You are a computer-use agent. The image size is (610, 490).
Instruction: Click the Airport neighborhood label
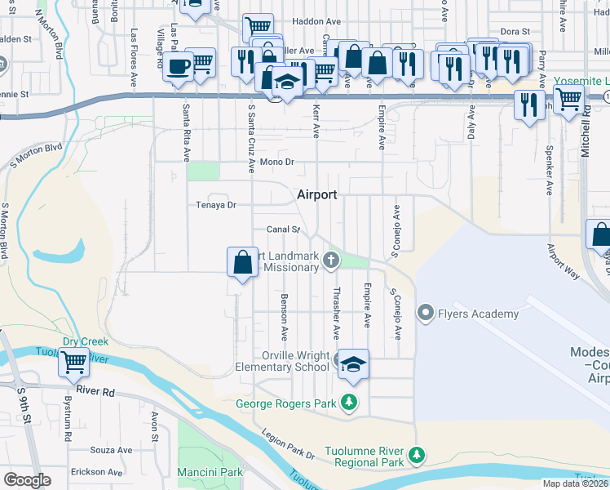[x=316, y=194]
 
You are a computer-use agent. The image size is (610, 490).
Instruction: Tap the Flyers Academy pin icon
[x=425, y=313]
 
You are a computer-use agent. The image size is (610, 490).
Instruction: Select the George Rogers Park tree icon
[x=349, y=402]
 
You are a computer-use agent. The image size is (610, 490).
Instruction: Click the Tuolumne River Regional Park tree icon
[x=417, y=453]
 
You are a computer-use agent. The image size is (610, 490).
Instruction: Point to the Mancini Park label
[x=210, y=472]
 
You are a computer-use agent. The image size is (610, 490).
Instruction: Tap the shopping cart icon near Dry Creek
[x=74, y=361]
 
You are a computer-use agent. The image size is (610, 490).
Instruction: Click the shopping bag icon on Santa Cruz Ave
[x=242, y=263]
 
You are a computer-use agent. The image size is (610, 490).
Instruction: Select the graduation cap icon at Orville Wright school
[x=353, y=363]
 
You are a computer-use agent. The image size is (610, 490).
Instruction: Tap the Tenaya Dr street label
[x=215, y=205]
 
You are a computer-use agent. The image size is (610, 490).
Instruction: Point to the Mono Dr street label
[x=276, y=163]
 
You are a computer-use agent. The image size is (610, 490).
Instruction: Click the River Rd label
[x=95, y=391]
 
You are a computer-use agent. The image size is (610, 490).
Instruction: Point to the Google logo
[x=27, y=480]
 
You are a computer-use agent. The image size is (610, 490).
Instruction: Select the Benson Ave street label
[x=284, y=317]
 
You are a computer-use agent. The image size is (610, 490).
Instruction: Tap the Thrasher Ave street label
[x=335, y=314]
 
